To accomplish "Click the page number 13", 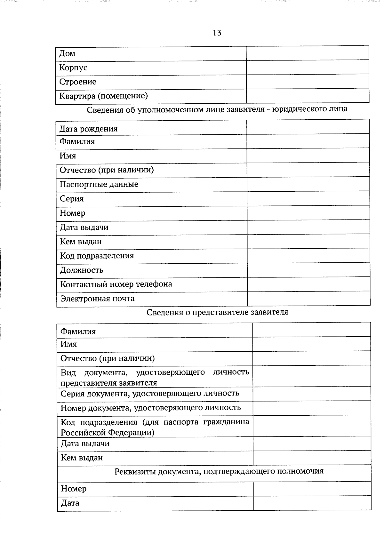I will (217, 33).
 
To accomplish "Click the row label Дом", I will (67, 53).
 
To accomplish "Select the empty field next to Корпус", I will (307, 68).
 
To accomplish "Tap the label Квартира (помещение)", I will (103, 96).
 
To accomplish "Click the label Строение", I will (77, 82).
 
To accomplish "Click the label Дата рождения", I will (88, 129).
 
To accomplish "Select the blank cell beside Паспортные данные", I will (308, 185).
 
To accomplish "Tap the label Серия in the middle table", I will (71, 199).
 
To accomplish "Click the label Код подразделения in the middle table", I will (97, 256).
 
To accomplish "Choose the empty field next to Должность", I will (308, 270).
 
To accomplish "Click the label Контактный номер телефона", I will (116, 284).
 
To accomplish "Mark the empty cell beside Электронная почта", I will (308, 299).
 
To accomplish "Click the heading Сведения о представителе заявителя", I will (217, 312).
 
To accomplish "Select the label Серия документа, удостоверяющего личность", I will (150, 394).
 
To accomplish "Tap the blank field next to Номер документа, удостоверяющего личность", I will (311, 408).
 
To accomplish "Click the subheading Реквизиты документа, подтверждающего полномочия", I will (219, 471).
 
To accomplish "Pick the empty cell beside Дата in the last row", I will (312, 503).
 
